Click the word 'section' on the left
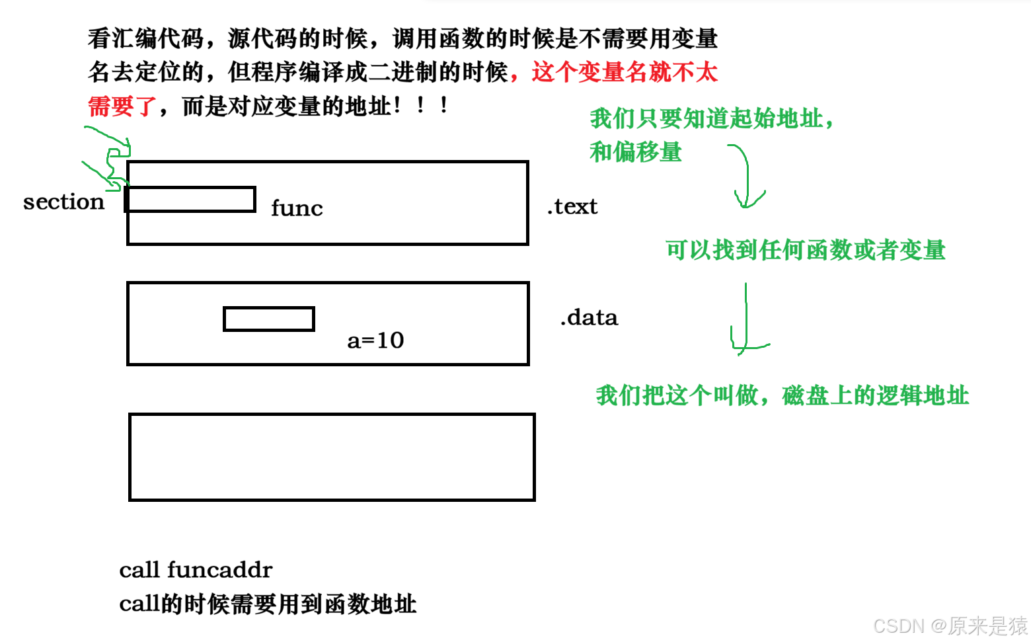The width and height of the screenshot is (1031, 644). click(x=63, y=202)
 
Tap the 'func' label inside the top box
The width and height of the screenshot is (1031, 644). click(x=297, y=208)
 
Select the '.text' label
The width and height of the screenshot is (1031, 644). click(x=572, y=206)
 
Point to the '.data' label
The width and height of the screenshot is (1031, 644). click(x=589, y=317)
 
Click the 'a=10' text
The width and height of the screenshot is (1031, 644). click(x=375, y=341)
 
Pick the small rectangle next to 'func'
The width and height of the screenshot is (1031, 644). click(x=191, y=199)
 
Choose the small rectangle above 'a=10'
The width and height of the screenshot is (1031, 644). click(x=269, y=319)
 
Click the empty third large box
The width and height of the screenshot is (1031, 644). click(x=332, y=457)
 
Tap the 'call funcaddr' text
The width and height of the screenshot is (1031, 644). click(x=196, y=569)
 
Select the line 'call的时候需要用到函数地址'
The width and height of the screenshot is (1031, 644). click(x=268, y=604)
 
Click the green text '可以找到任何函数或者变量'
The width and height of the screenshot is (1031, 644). click(x=806, y=250)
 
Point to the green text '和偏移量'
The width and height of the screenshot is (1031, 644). click(x=636, y=152)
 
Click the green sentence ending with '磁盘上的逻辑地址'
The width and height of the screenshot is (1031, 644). click(x=783, y=395)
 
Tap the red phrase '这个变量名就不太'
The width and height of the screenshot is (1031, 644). click(x=625, y=72)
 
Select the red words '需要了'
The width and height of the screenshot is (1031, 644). click(x=122, y=106)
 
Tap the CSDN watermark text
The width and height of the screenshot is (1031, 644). click(x=950, y=625)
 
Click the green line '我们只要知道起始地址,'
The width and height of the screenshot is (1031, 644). click(x=712, y=119)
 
